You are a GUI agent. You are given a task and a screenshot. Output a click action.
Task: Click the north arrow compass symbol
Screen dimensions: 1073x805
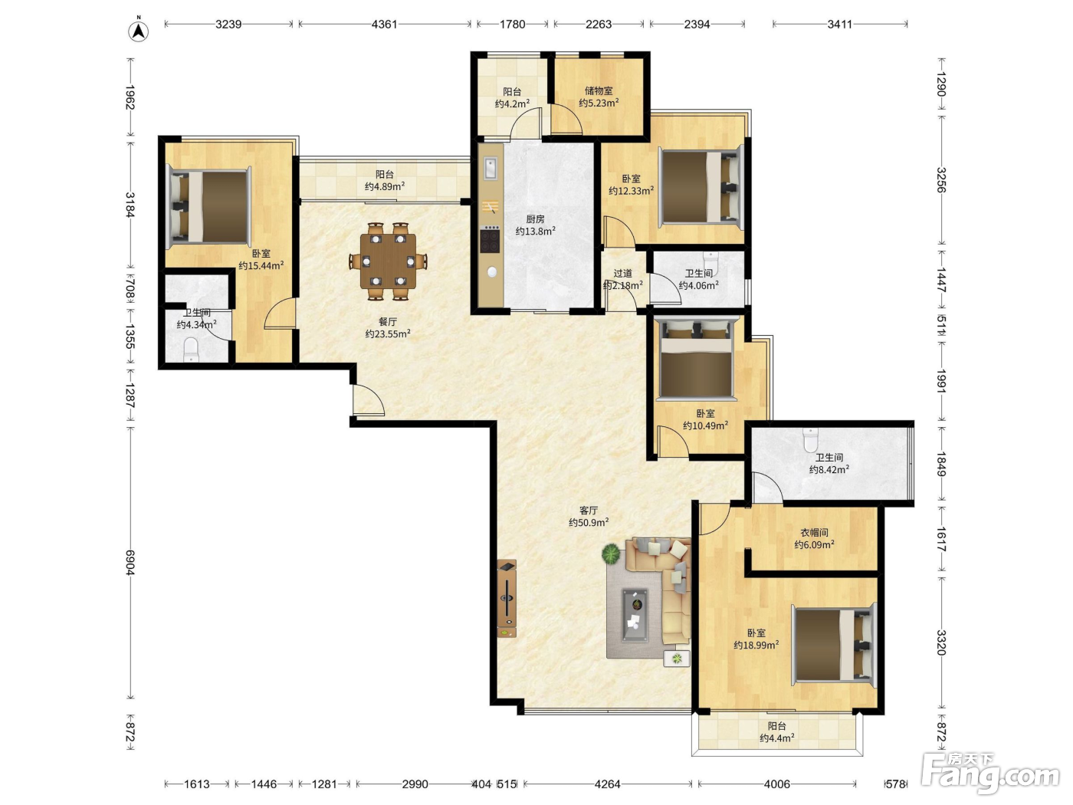pos(139,31)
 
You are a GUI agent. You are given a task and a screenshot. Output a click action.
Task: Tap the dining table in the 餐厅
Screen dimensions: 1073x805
pos(388,261)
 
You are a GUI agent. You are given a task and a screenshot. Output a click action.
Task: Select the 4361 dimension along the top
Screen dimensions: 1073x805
pos(385,24)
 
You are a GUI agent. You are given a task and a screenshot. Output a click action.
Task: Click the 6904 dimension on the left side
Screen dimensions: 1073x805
pos(130,562)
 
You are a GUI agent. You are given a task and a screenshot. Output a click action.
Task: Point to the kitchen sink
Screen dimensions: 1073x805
pos(491,168)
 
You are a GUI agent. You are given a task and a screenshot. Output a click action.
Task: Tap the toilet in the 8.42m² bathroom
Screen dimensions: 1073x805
pos(810,439)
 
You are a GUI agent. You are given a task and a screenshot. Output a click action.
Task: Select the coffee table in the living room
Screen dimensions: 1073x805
pos(635,616)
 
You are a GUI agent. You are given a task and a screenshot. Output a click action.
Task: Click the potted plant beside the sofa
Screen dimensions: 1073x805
pos(611,554)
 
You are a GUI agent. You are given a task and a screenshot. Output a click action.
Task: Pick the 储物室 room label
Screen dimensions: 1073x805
pos(599,90)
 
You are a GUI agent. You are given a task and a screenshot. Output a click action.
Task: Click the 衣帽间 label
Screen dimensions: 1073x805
pos(814,532)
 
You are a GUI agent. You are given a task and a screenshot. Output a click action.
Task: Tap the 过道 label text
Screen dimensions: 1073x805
pos(623,273)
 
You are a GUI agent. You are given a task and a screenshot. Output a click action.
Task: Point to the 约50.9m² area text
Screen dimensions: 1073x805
pos(589,523)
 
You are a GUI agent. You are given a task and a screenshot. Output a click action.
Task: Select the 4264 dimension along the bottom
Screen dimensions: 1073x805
pos(607,784)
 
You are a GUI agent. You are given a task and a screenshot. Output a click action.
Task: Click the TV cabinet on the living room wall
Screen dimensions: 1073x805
pos(507,598)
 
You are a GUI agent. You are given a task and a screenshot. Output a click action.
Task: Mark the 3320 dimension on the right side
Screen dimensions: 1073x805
pos(941,642)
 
